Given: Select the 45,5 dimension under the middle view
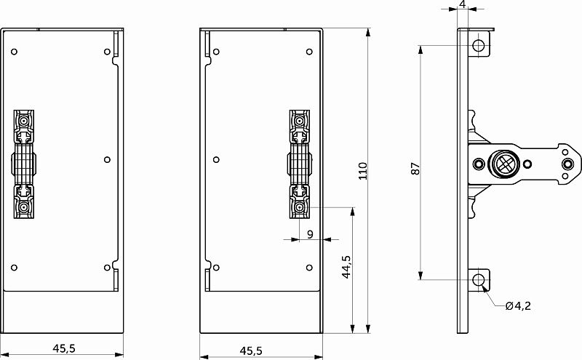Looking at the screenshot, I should pyautogui.click(x=251, y=351).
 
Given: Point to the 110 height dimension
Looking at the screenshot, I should pyautogui.click(x=363, y=170).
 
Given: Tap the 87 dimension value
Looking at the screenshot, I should pyautogui.click(x=415, y=168).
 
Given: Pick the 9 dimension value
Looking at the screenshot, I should pyautogui.click(x=311, y=233).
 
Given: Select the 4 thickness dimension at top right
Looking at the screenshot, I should pyautogui.click(x=463, y=4).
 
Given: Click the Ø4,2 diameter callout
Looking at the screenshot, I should pyautogui.click(x=518, y=305).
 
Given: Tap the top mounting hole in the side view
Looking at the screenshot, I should pyautogui.click(x=479, y=45).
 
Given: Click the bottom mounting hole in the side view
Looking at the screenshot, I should pyautogui.click(x=479, y=280).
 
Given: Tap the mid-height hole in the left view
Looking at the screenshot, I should pyautogui.click(x=107, y=159).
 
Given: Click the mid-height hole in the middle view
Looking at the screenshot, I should pyautogui.click(x=216, y=159).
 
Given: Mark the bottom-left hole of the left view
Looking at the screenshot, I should pyautogui.click(x=15, y=267).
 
